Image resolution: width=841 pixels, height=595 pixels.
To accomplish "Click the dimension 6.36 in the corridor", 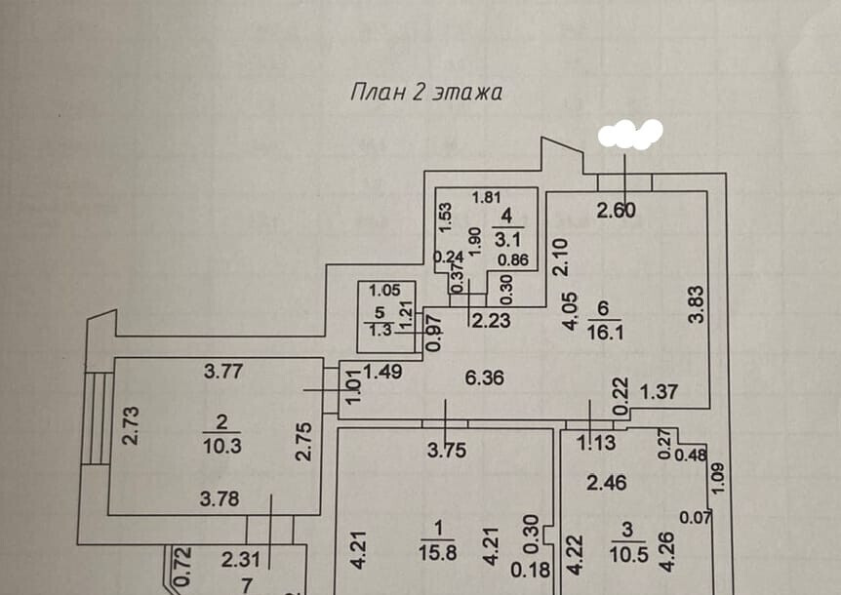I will (x=485, y=378).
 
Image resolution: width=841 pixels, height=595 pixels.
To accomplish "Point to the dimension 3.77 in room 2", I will (x=223, y=370).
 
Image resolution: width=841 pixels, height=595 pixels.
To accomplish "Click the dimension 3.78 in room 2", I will (x=220, y=499).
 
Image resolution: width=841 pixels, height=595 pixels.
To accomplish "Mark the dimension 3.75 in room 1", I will (x=443, y=450).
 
